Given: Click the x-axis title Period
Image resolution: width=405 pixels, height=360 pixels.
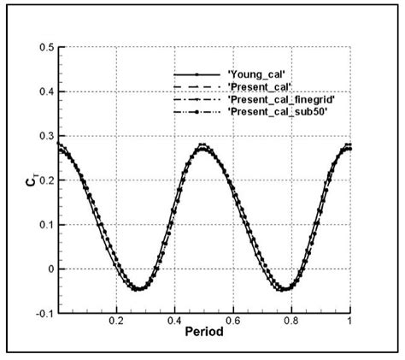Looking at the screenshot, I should coord(204,331).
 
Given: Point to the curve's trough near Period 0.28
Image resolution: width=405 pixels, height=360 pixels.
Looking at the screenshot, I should coord(138,289).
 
